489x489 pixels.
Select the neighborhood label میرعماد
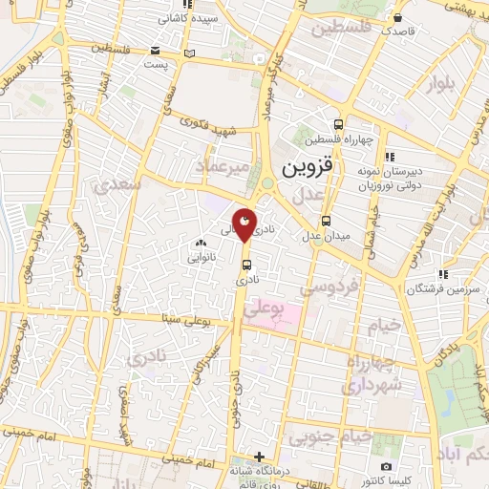point(225,167)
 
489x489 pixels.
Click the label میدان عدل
point(328,235)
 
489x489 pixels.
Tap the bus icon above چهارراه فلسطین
point(339,124)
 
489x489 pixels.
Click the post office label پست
point(156,62)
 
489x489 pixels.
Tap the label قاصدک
point(394,31)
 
